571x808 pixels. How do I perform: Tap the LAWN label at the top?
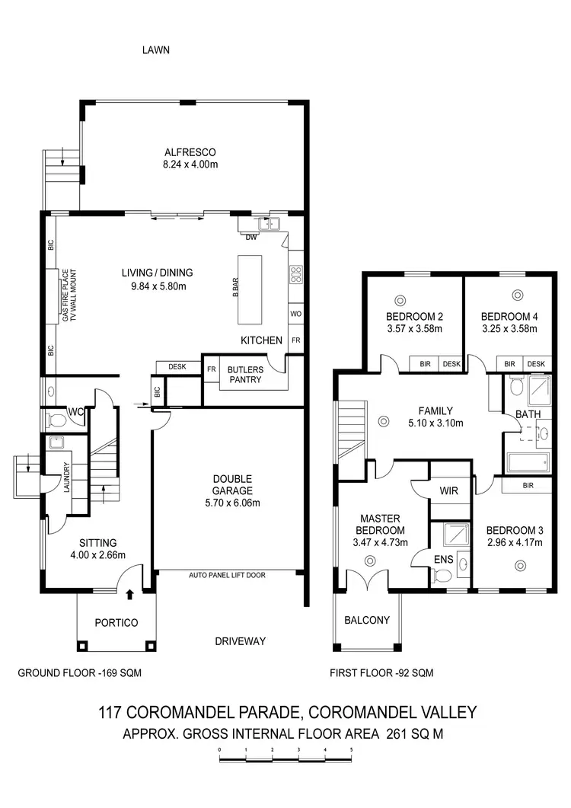155,50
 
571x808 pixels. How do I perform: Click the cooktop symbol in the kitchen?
295,273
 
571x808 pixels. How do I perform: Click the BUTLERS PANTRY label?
244,374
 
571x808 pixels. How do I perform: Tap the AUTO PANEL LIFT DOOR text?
227,576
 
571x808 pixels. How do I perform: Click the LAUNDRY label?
67,478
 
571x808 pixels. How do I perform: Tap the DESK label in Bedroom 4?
535,365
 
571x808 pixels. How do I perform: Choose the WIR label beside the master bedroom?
448,491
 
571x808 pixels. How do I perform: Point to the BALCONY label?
367,620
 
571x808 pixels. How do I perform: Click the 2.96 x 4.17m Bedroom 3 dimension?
514,543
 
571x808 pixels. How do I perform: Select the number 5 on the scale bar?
351,751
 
